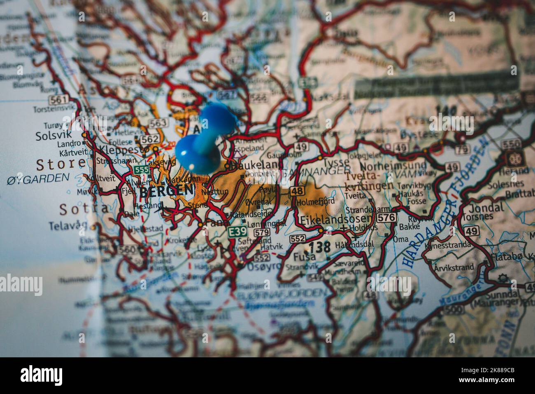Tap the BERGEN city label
(166, 190)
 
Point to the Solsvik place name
(53, 135)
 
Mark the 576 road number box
(386, 217)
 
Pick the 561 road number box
(58, 99)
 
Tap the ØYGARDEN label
(38, 178)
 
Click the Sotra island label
(85, 209)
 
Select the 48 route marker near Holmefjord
(297, 190)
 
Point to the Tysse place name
(336, 162)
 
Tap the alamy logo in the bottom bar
(42, 375)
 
